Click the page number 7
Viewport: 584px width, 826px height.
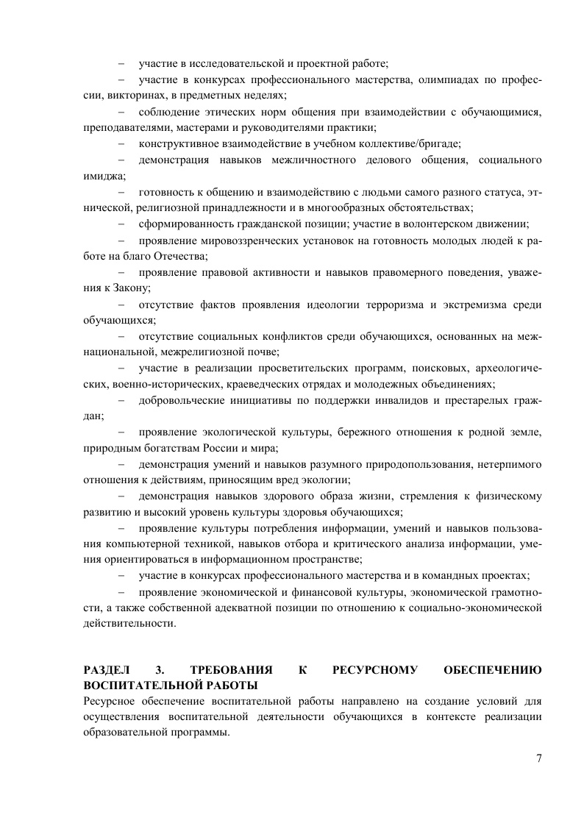click(538, 760)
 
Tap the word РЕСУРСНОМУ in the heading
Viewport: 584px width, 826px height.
click(375, 670)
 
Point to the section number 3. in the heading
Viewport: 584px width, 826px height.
click(160, 670)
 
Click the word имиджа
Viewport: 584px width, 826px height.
click(103, 176)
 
